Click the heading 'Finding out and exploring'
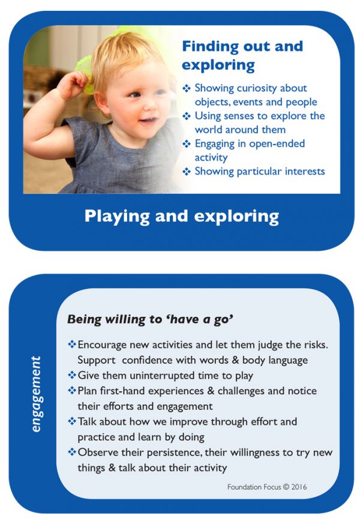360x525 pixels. point(242,55)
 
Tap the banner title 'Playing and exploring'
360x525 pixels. point(181,215)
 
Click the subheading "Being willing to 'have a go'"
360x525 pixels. point(150,319)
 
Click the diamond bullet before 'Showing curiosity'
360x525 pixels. point(187,89)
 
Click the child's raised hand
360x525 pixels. point(71,84)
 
